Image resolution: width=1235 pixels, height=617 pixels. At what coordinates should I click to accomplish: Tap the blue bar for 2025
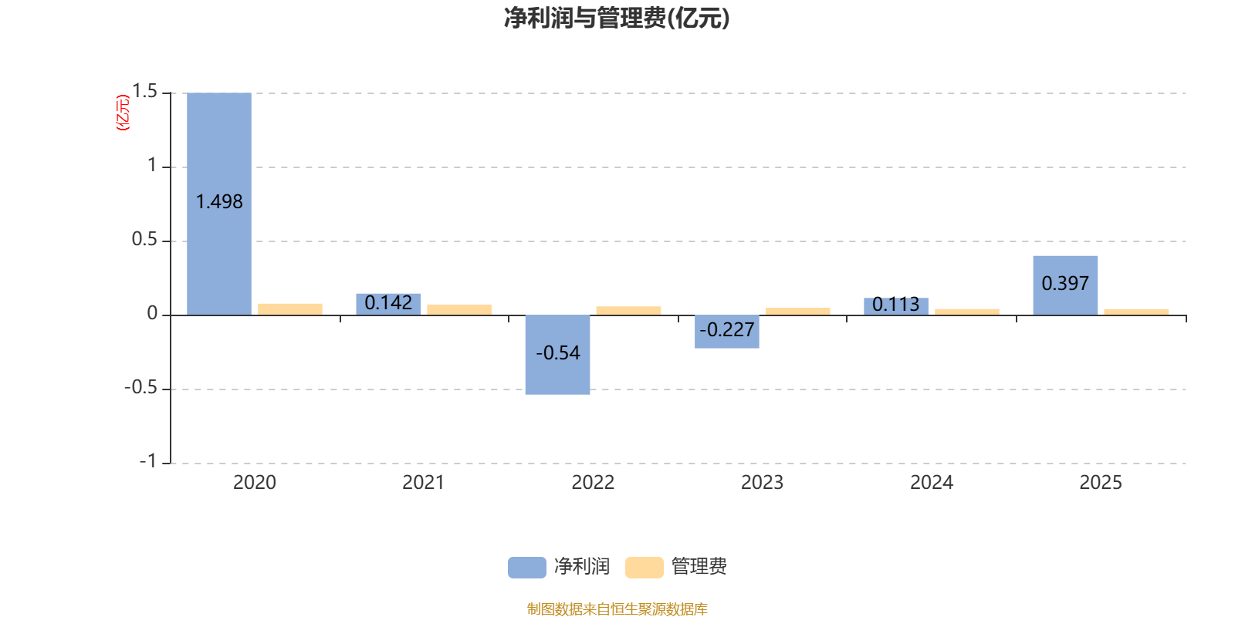tap(1065, 266)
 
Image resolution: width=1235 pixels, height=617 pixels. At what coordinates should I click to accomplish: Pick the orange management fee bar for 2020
tap(290, 308)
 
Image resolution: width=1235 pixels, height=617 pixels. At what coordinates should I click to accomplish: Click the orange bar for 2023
tap(797, 311)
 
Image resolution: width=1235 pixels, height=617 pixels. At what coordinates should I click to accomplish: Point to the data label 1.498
tap(219, 202)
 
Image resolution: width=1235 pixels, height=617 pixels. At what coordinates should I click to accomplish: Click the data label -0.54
tap(557, 353)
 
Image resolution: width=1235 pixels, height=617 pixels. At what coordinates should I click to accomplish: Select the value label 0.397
tap(1065, 284)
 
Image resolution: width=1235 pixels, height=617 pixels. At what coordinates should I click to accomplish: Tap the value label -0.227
tap(727, 330)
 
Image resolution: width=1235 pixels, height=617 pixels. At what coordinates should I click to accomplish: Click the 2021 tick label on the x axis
tap(423, 483)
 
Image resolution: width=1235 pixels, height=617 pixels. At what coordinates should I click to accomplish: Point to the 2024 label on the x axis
tap(932, 483)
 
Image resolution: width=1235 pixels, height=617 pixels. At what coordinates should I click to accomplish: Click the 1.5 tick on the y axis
tap(144, 92)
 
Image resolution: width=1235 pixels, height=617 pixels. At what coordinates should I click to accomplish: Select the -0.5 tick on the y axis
tap(140, 387)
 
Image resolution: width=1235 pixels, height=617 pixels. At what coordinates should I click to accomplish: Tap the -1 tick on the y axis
tap(147, 461)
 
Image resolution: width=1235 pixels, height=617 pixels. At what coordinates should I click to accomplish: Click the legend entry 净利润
tap(560, 567)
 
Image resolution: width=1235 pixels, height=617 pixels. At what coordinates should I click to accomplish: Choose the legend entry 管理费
tap(677, 567)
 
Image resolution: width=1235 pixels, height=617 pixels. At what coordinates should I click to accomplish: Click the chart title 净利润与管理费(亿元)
tap(617, 18)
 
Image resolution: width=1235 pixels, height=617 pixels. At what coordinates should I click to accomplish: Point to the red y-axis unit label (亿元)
tap(123, 113)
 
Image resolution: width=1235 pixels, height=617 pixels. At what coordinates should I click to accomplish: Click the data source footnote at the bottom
tap(617, 609)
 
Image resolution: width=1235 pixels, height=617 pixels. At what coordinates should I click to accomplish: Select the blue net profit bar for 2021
tap(388, 304)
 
